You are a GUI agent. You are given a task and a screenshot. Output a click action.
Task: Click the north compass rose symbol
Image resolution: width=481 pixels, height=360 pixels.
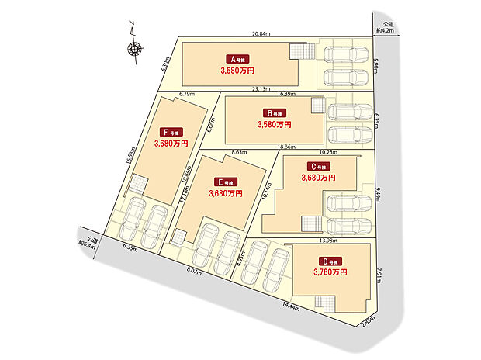click(134, 50)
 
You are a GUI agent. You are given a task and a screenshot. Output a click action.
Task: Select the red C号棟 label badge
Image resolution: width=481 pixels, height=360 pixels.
click(318, 166)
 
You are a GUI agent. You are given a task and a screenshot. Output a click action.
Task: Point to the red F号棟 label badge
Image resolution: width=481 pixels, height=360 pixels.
click(171, 132)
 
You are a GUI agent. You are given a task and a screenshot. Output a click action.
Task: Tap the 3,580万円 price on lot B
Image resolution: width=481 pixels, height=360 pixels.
click(275, 123)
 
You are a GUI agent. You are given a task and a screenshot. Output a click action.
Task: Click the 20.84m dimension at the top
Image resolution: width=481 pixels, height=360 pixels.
click(261, 33)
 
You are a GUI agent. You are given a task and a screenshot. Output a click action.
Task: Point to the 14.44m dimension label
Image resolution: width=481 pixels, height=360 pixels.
click(292, 307)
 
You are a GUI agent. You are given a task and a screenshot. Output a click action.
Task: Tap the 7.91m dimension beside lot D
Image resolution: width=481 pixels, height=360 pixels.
click(378, 276)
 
